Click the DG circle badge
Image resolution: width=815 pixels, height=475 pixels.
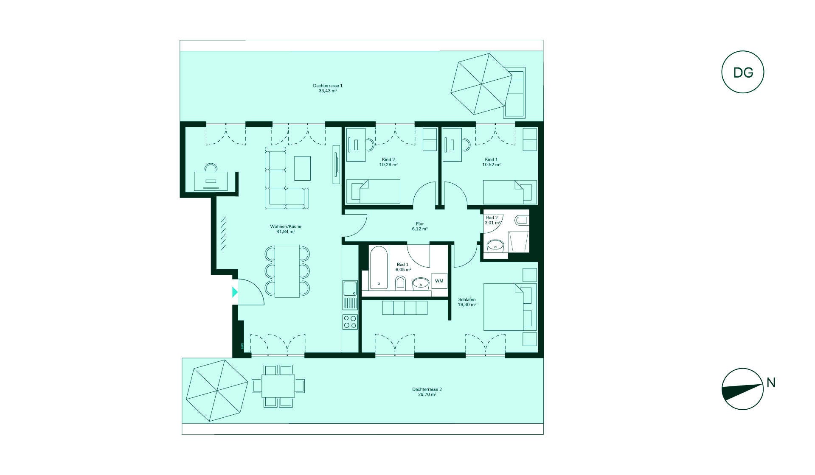point(742,72)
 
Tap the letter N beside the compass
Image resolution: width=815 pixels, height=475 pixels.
point(771,383)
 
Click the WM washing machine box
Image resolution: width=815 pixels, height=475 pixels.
point(439,281)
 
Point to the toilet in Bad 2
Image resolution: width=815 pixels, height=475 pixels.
point(521,220)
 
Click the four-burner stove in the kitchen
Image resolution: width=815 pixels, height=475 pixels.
point(350,321)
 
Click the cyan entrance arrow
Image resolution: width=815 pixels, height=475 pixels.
point(235,292)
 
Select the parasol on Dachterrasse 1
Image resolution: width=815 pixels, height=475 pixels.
point(481,84)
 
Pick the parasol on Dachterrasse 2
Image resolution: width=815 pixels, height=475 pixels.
point(216,391)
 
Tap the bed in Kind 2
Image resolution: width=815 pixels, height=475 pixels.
point(374,191)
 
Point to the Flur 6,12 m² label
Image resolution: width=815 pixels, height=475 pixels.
point(420,226)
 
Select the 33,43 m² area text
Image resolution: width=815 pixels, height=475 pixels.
point(328,91)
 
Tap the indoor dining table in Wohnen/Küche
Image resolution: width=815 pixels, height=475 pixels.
point(287,271)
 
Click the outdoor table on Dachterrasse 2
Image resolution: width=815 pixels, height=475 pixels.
point(278,386)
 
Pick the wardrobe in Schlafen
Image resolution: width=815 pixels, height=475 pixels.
point(405,308)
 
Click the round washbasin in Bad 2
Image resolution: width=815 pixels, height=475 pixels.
point(495,245)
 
